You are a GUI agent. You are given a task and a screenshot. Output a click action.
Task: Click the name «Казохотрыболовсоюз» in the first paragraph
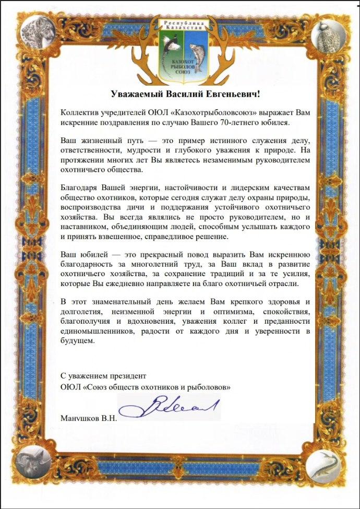pyautogui.click(x=202, y=112)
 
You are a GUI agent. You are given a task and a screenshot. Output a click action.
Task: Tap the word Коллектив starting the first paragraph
pyautogui.click(x=80, y=112)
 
